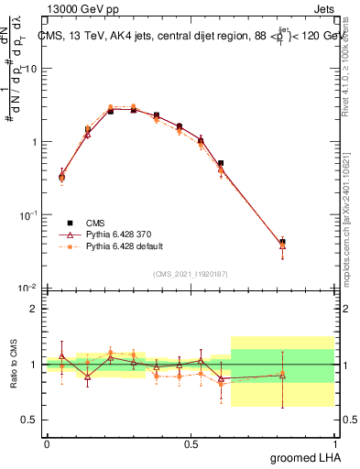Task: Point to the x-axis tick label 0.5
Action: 191,443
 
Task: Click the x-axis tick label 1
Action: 334,443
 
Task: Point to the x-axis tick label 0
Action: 47,443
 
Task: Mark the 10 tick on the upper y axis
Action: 32,69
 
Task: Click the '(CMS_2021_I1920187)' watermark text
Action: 191,274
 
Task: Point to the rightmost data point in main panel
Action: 282,243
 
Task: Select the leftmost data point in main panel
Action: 61,176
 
